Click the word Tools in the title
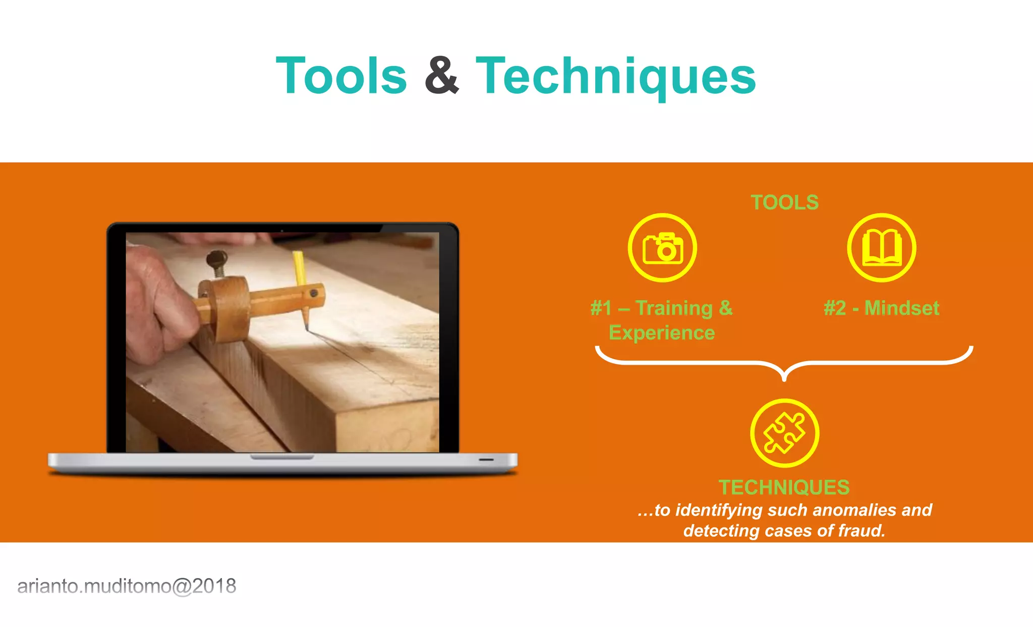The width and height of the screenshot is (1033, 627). click(341, 76)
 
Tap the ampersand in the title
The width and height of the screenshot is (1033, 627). click(441, 76)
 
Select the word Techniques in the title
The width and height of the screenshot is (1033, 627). click(616, 76)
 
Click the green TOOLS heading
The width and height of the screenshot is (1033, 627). click(784, 202)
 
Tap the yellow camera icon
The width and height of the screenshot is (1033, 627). click(662, 248)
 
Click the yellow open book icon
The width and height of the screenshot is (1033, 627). click(881, 248)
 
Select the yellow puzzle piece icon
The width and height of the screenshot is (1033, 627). click(784, 433)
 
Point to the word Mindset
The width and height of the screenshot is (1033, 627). click(902, 308)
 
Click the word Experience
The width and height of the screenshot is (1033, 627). click(662, 333)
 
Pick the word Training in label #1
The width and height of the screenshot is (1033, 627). click(674, 308)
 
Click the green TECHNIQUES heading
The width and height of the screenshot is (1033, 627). click(784, 487)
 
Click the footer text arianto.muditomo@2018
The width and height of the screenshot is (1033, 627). click(127, 586)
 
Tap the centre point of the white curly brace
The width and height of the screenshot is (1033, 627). click(784, 376)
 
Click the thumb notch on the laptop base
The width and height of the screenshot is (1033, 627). click(282, 457)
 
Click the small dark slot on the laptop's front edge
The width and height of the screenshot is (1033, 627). click(486, 460)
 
